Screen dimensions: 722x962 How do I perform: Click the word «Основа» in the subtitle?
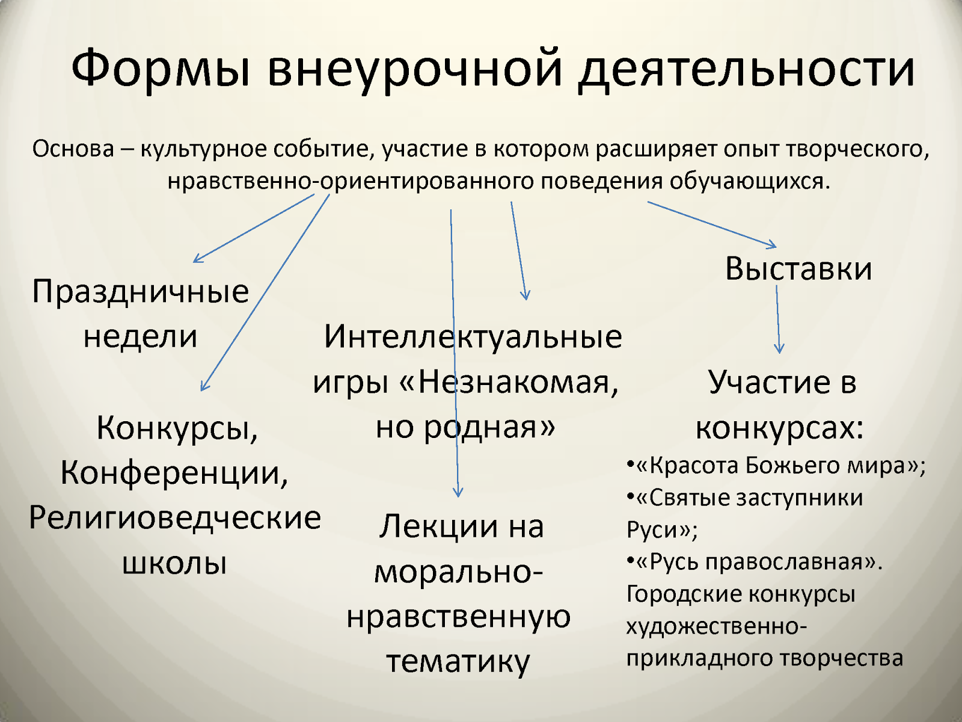click(73, 149)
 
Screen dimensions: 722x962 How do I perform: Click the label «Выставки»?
click(798, 268)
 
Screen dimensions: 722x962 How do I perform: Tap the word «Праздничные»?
click(141, 292)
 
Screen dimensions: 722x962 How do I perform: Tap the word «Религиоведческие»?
click(175, 517)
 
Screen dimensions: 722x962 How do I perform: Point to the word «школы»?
click(174, 563)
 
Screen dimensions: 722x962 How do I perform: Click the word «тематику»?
click(458, 662)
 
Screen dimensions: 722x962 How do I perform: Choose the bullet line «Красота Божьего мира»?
click(776, 465)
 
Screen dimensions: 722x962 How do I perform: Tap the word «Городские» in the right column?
click(681, 594)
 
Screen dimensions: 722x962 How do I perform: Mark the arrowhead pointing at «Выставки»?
click(771, 245)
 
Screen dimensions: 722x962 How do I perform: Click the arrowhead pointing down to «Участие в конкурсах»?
click(779, 348)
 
